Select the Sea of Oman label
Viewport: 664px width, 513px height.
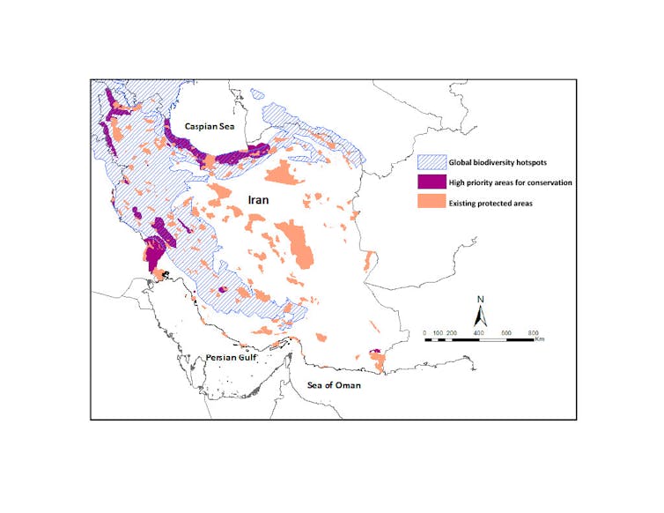click(333, 385)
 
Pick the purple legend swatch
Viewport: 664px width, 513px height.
click(428, 182)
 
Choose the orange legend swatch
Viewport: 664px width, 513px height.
click(428, 204)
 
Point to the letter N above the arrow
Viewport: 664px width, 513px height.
click(481, 299)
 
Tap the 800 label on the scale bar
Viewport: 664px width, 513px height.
click(533, 332)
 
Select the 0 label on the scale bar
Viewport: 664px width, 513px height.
click(425, 332)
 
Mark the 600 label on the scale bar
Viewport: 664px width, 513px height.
click(506, 332)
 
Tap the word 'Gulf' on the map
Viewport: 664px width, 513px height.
click(250, 359)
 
